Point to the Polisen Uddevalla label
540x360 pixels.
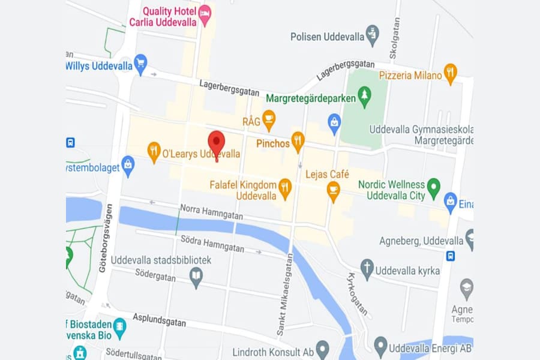(328, 36)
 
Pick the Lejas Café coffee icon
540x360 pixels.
(333, 190)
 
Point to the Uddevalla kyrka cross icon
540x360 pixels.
(367, 268)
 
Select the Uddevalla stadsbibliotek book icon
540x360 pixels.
(196, 276)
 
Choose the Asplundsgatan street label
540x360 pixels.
(159, 320)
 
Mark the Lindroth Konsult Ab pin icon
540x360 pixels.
(323, 347)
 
